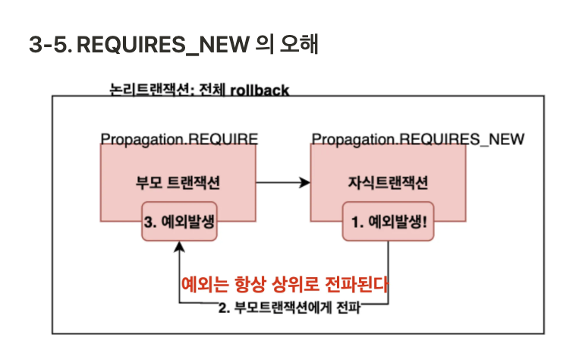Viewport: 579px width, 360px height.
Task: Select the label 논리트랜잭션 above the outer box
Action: [148, 90]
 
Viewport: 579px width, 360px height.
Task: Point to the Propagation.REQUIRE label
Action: [180, 139]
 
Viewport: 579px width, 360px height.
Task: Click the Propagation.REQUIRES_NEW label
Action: [418, 139]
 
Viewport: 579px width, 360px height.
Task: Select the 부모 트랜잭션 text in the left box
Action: [178, 182]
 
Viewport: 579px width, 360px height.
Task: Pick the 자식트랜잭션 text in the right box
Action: [388, 182]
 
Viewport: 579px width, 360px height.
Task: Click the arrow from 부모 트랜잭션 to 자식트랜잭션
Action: [283, 182]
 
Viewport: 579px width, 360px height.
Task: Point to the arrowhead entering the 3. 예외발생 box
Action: [179, 246]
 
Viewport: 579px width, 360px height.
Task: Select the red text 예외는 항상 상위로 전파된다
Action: [285, 285]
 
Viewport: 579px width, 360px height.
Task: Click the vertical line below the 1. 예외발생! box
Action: [389, 266]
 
